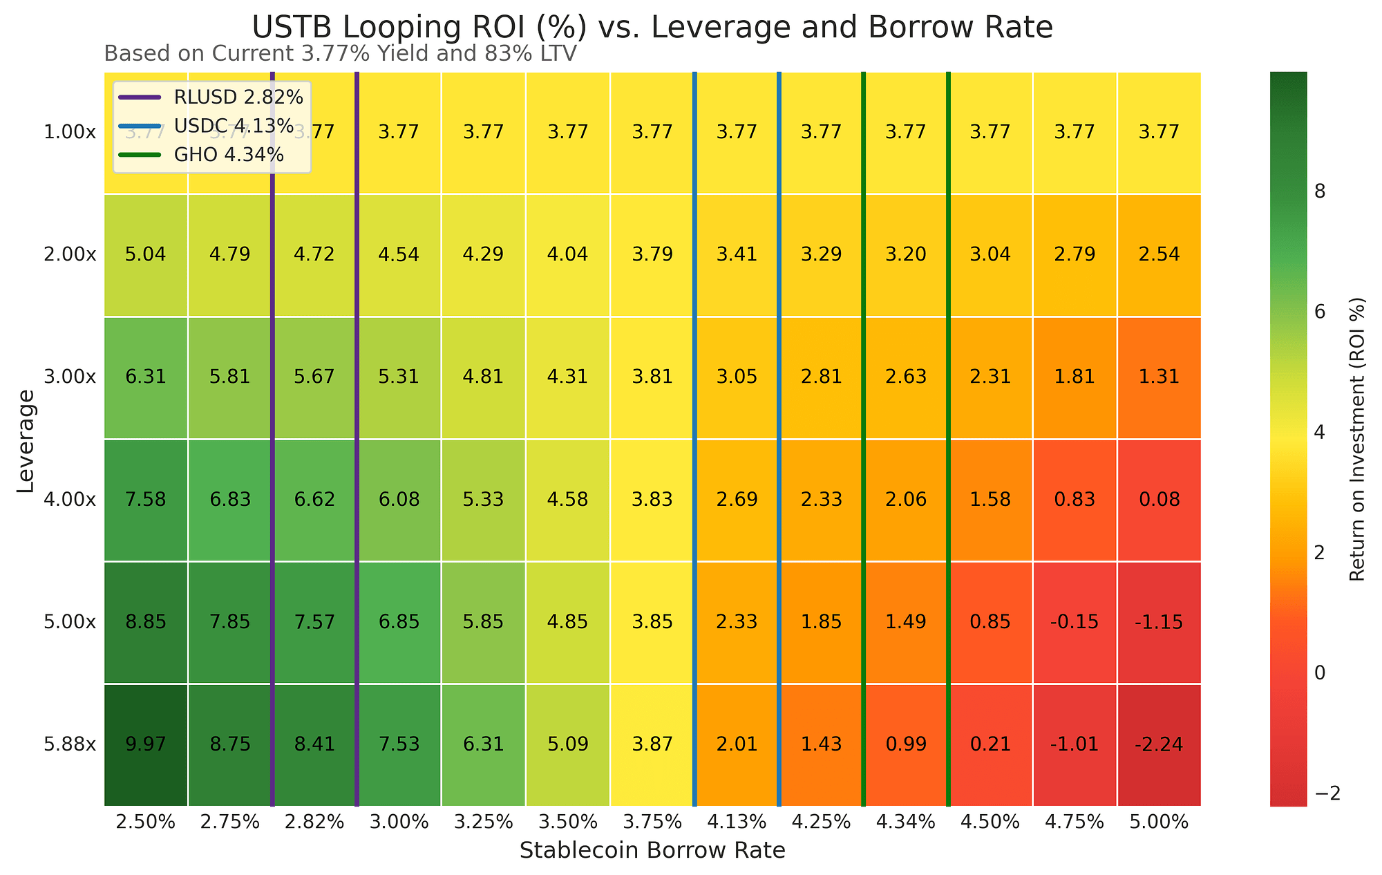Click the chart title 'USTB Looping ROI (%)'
click(x=652, y=28)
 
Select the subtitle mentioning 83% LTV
click(x=340, y=54)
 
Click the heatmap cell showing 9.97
click(x=146, y=745)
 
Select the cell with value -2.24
click(x=1159, y=745)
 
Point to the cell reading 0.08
click(x=1159, y=500)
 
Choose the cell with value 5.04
click(x=146, y=254)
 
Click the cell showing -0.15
click(x=1075, y=622)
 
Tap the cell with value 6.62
click(x=314, y=500)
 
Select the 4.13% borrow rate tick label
click(x=737, y=822)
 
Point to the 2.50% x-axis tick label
click(x=146, y=822)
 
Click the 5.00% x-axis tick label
click(x=1159, y=822)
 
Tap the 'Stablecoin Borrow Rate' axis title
click(x=652, y=851)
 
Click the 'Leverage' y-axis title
click(x=26, y=440)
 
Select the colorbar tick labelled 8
click(x=1319, y=192)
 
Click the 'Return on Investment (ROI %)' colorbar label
click(x=1357, y=440)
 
